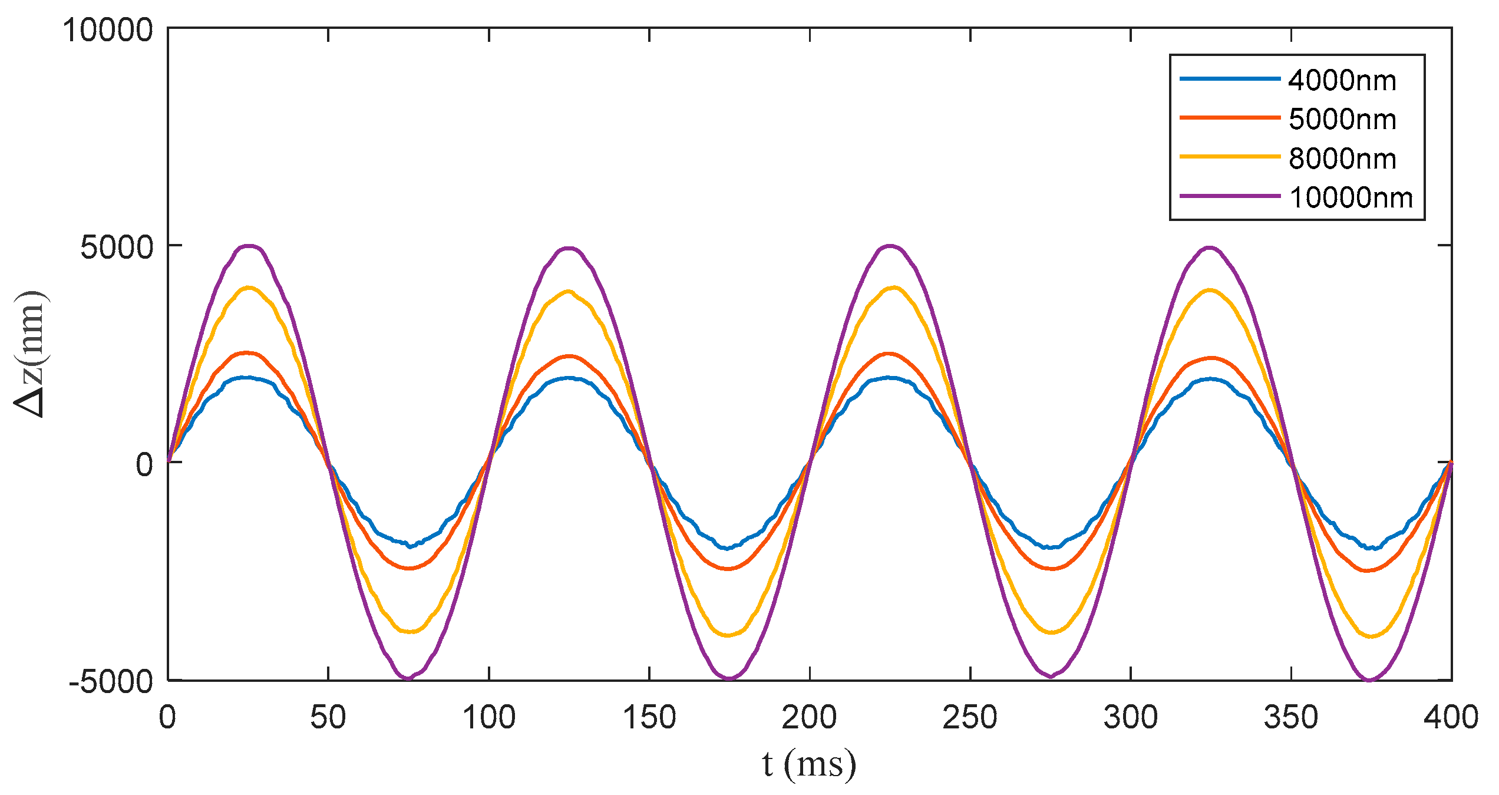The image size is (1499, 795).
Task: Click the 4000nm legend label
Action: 1342,80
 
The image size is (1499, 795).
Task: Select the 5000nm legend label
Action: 1342,120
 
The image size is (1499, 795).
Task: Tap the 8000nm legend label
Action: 1342,159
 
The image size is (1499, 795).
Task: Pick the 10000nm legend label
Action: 1351,198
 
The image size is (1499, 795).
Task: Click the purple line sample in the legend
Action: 1230,196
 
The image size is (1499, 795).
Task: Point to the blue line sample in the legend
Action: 1230,79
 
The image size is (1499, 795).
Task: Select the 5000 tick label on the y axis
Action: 117,247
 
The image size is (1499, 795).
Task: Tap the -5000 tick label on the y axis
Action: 111,682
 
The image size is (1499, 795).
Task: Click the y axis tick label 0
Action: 144,464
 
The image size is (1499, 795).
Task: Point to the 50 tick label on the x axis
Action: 328,718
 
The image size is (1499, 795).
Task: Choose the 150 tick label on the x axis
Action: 649,718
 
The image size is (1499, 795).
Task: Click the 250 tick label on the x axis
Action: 970,718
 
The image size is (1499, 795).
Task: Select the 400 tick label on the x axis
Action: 1451,718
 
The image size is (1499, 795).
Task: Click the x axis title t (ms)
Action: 808,764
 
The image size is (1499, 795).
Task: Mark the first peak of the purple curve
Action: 249,246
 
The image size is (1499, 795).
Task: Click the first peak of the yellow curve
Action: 249,288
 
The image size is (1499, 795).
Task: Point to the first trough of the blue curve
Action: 410,545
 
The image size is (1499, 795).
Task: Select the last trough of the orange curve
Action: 1368,570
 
